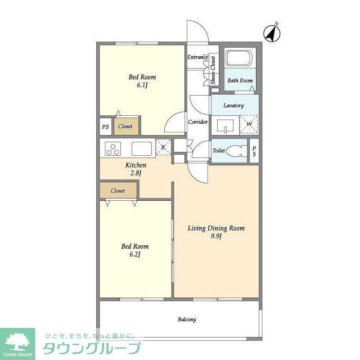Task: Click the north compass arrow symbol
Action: pyautogui.click(x=272, y=33)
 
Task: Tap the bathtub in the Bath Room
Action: pyautogui.click(x=239, y=58)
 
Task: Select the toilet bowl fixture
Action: pyautogui.click(x=235, y=151)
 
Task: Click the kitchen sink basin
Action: pyautogui.click(x=142, y=148)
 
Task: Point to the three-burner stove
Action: pyautogui.click(x=112, y=148)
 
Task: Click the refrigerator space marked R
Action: pyautogui.click(x=164, y=147)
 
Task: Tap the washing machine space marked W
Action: pyautogui.click(x=249, y=124)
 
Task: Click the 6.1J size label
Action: pyautogui.click(x=142, y=85)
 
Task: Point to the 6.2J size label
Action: pyautogui.click(x=135, y=254)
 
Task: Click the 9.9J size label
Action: pyautogui.click(x=216, y=236)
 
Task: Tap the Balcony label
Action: pyautogui.click(x=187, y=319)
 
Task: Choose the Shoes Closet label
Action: pyautogui.click(x=213, y=70)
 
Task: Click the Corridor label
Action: pyautogui.click(x=197, y=122)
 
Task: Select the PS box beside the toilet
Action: pyautogui.click(x=254, y=151)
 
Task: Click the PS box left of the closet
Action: pyautogui.click(x=105, y=127)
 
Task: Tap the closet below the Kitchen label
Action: pyautogui.click(x=119, y=191)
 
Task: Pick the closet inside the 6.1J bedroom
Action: pyautogui.click(x=127, y=126)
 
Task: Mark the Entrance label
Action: pyautogui.click(x=197, y=57)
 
